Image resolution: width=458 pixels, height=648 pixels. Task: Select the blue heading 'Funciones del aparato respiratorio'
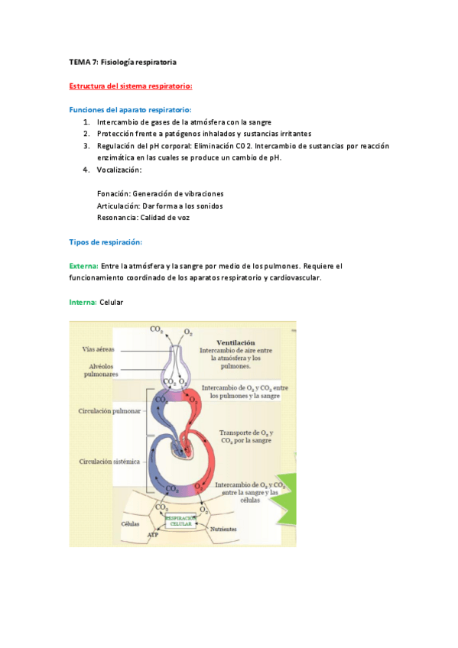(130, 109)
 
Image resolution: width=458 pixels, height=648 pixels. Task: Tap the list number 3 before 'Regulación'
(87, 146)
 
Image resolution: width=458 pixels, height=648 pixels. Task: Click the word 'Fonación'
(113, 193)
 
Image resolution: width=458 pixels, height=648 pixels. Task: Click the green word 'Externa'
(83, 266)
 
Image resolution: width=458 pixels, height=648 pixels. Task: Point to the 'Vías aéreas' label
(99, 349)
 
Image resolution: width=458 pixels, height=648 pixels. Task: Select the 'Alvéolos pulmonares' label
(100, 371)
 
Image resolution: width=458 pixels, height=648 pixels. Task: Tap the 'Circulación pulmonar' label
(109, 410)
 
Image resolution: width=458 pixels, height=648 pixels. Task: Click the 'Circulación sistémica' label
(109, 462)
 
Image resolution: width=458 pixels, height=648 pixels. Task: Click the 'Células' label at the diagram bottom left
(131, 524)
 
